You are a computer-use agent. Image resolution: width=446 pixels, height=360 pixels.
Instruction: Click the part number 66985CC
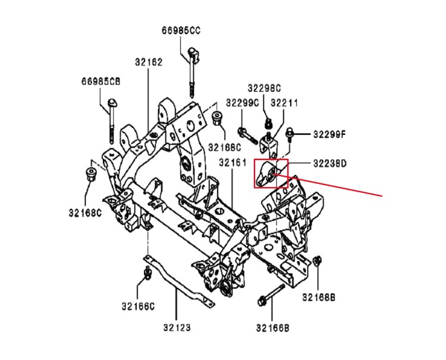coord(181,30)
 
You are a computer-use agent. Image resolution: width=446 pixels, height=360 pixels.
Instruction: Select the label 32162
coord(148,62)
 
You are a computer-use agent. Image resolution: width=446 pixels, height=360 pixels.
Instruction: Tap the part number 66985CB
coord(100,81)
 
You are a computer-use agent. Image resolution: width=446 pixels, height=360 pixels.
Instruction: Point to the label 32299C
coord(242,102)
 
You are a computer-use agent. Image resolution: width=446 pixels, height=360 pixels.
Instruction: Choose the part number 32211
coord(284,102)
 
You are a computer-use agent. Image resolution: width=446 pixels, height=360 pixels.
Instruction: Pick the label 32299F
coord(330,134)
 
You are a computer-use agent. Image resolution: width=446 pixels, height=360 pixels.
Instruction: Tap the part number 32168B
coord(319,297)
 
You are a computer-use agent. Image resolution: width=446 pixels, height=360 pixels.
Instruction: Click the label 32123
coord(177,327)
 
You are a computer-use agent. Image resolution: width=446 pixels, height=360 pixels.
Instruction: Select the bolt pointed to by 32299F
coord(290,134)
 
